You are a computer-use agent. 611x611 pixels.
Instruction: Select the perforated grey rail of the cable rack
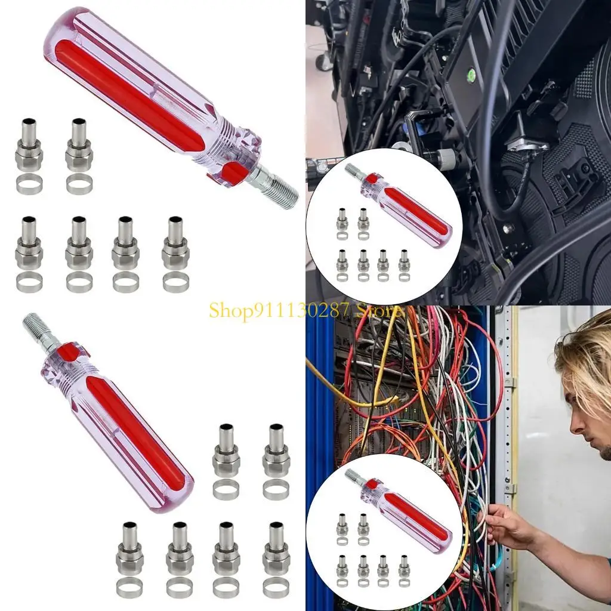(507, 448)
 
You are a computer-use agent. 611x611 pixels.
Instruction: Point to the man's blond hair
(585, 351)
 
